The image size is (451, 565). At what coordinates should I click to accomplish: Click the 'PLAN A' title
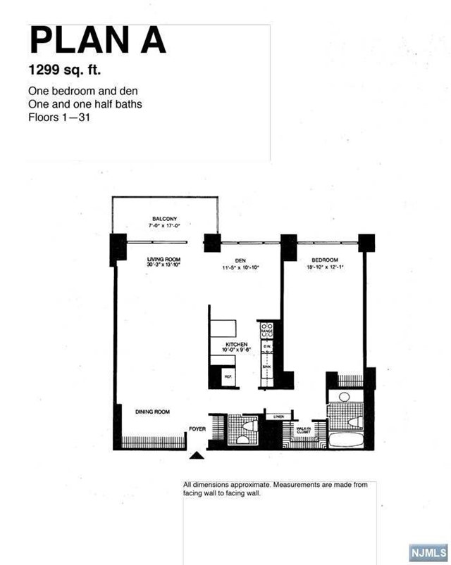tap(97, 41)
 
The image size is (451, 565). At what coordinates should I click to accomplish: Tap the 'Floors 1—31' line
tap(58, 117)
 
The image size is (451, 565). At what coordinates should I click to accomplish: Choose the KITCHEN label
tap(235, 344)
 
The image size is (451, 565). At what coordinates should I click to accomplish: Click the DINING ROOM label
tap(152, 412)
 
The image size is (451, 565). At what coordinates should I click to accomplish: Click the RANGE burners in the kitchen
tap(267, 329)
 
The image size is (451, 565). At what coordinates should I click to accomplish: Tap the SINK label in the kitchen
tap(267, 367)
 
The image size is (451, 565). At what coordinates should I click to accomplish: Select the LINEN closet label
tap(278, 417)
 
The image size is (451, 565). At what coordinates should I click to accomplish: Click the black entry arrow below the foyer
tap(197, 455)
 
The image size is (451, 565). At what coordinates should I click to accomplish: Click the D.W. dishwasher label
tap(267, 346)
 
